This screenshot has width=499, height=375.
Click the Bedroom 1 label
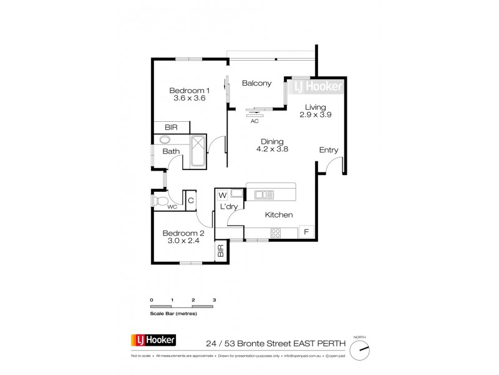tap(188, 89)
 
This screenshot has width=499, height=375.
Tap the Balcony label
tap(256, 83)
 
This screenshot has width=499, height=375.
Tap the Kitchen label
tap(278, 214)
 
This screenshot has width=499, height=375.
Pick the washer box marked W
tap(222, 194)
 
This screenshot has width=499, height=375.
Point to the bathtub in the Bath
tap(198, 151)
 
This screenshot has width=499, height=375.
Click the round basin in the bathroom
tap(165, 140)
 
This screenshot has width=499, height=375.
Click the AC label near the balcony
tap(254, 121)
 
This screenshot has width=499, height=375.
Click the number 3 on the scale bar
tap(215, 301)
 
